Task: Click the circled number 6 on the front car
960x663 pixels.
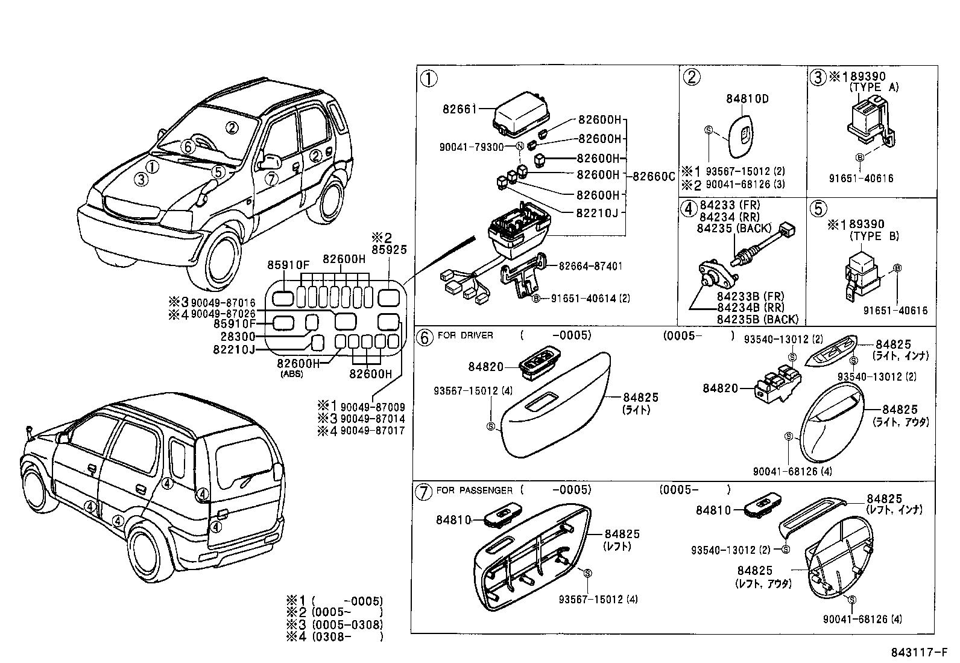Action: (188, 147)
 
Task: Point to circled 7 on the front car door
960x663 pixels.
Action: (271, 178)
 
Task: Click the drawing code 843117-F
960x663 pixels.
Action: (918, 653)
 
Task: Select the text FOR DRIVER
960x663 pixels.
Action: (465, 335)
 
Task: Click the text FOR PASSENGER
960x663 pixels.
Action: (474, 490)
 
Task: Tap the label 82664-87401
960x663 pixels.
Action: (590, 266)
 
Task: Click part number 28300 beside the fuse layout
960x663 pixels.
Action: (238, 337)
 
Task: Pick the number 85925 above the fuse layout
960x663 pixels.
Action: (390, 249)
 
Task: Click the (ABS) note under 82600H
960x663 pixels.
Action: (292, 374)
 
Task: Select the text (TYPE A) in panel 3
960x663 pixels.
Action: (874, 87)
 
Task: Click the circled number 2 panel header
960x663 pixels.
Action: (691, 76)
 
